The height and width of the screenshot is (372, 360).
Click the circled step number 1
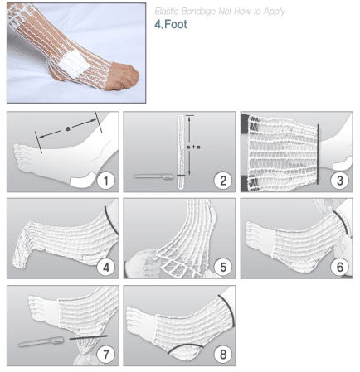coord(106,181)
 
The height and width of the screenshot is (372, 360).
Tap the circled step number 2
coord(223,181)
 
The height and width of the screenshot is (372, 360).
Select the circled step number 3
coord(340,181)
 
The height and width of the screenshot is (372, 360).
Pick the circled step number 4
coord(106,268)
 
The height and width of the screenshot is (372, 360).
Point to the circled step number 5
coord(223,268)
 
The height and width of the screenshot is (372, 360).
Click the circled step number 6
coord(340,268)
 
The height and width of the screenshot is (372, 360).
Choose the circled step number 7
coord(106,355)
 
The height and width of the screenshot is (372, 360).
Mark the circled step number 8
coord(223,355)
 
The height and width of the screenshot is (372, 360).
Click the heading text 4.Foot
coord(171,24)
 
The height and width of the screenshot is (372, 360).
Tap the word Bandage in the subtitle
coord(198,12)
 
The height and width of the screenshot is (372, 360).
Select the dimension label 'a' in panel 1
coord(68,128)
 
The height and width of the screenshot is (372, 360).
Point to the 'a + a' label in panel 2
coord(193,147)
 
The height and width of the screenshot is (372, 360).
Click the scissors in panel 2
coord(153,176)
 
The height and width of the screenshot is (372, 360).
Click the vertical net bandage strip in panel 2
coord(181,152)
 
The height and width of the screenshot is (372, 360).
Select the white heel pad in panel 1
coord(83,180)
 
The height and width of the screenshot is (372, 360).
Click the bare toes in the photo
coord(123,76)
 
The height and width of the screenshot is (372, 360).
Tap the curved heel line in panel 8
coord(185,345)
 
